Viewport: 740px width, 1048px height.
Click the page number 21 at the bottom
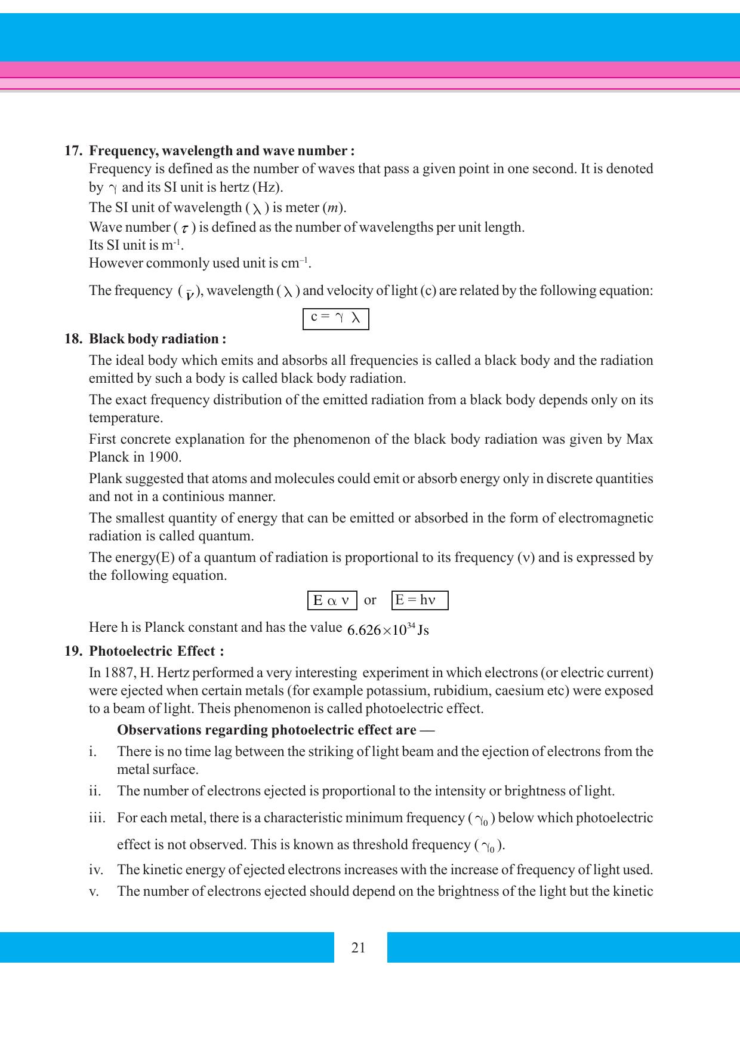358,948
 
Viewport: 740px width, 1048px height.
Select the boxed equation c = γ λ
335,318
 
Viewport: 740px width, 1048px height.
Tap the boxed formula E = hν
420,600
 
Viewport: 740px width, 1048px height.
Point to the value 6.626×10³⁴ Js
387,630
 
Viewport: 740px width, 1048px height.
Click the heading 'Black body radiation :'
158,339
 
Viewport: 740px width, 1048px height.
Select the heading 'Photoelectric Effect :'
156,651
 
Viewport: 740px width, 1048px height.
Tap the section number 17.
73,150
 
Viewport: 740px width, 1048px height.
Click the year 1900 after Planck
164,457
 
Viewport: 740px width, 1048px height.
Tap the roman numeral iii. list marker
97,817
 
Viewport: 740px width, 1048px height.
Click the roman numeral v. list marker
92,892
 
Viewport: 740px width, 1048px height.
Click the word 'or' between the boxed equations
370,600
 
